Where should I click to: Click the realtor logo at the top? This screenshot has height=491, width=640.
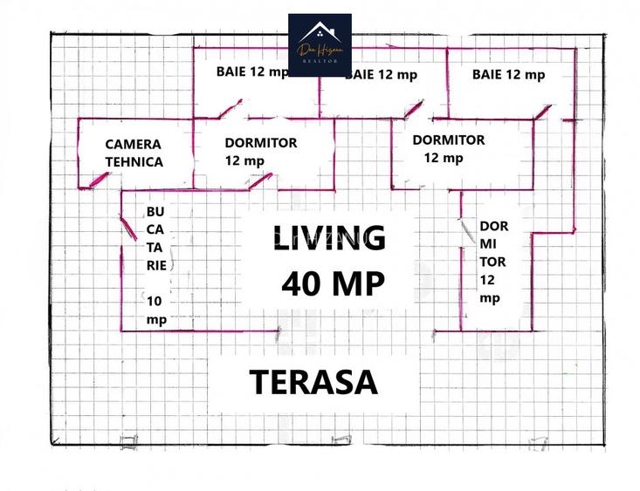point(320,44)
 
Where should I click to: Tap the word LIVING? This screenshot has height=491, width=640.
point(329,238)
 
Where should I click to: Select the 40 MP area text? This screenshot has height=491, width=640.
point(334,283)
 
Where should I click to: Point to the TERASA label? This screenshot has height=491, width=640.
point(313,382)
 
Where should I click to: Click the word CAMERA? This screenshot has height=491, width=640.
point(134,144)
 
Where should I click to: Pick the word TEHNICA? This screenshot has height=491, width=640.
point(134,161)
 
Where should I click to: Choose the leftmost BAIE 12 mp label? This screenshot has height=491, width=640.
point(252,72)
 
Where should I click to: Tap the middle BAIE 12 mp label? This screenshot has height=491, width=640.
point(382,75)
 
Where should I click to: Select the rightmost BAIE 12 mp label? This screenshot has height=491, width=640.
point(508,75)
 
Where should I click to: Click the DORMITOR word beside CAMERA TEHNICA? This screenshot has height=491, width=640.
point(260,143)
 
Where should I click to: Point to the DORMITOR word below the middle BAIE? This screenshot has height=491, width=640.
point(448,140)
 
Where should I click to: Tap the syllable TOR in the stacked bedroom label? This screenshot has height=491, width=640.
point(492,261)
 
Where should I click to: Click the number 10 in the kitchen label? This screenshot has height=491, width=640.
point(154,301)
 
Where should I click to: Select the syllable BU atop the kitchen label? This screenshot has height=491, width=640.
point(155,212)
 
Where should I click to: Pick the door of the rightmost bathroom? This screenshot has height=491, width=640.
point(542,112)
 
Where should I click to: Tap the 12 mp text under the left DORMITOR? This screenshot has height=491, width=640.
point(244,160)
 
